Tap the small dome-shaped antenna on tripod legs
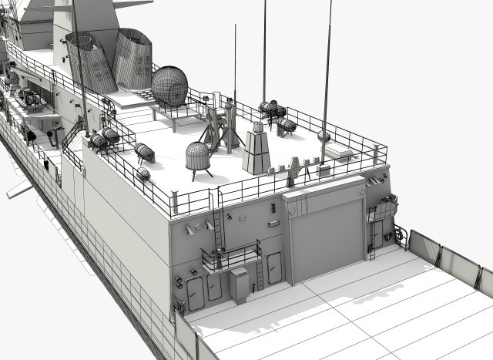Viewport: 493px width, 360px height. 200,157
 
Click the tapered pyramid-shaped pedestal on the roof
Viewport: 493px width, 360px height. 257,151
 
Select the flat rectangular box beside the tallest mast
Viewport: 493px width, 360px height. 339,152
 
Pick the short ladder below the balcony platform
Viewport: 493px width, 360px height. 259,274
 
